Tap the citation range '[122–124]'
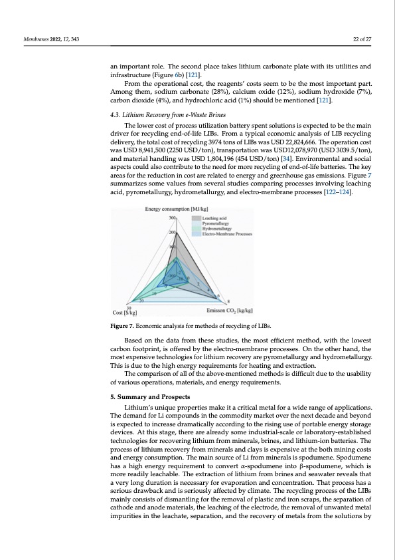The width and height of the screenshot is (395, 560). (x=335, y=192)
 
